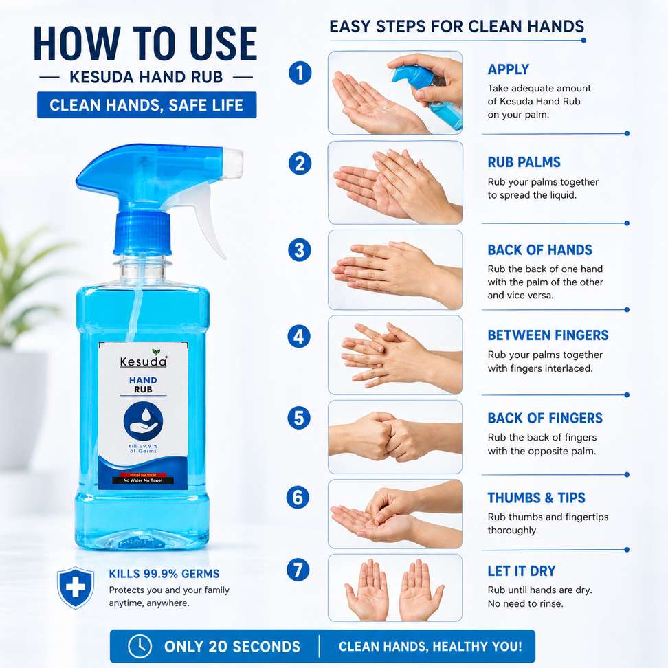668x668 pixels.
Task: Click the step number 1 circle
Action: click(x=300, y=73)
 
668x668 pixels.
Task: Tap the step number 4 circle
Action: click(x=299, y=337)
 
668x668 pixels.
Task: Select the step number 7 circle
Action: click(x=298, y=570)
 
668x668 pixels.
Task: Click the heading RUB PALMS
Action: click(x=524, y=162)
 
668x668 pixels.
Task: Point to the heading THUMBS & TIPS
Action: click(x=536, y=498)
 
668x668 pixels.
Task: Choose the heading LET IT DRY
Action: click(x=522, y=571)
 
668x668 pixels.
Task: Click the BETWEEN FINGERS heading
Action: click(x=548, y=335)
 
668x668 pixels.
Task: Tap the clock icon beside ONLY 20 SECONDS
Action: click(x=140, y=646)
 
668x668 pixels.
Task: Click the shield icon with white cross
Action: click(x=76, y=588)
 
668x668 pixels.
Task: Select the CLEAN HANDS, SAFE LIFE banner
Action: click(x=146, y=104)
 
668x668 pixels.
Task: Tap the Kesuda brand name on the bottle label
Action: click(x=143, y=361)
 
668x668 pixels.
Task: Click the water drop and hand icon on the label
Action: click(x=143, y=421)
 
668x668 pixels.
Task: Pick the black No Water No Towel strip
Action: click(x=143, y=480)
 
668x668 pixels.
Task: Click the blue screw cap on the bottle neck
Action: click(x=142, y=234)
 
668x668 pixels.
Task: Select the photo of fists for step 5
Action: click(x=395, y=436)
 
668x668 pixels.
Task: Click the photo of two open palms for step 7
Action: click(x=395, y=588)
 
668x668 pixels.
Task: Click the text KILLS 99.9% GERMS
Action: click(x=164, y=574)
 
